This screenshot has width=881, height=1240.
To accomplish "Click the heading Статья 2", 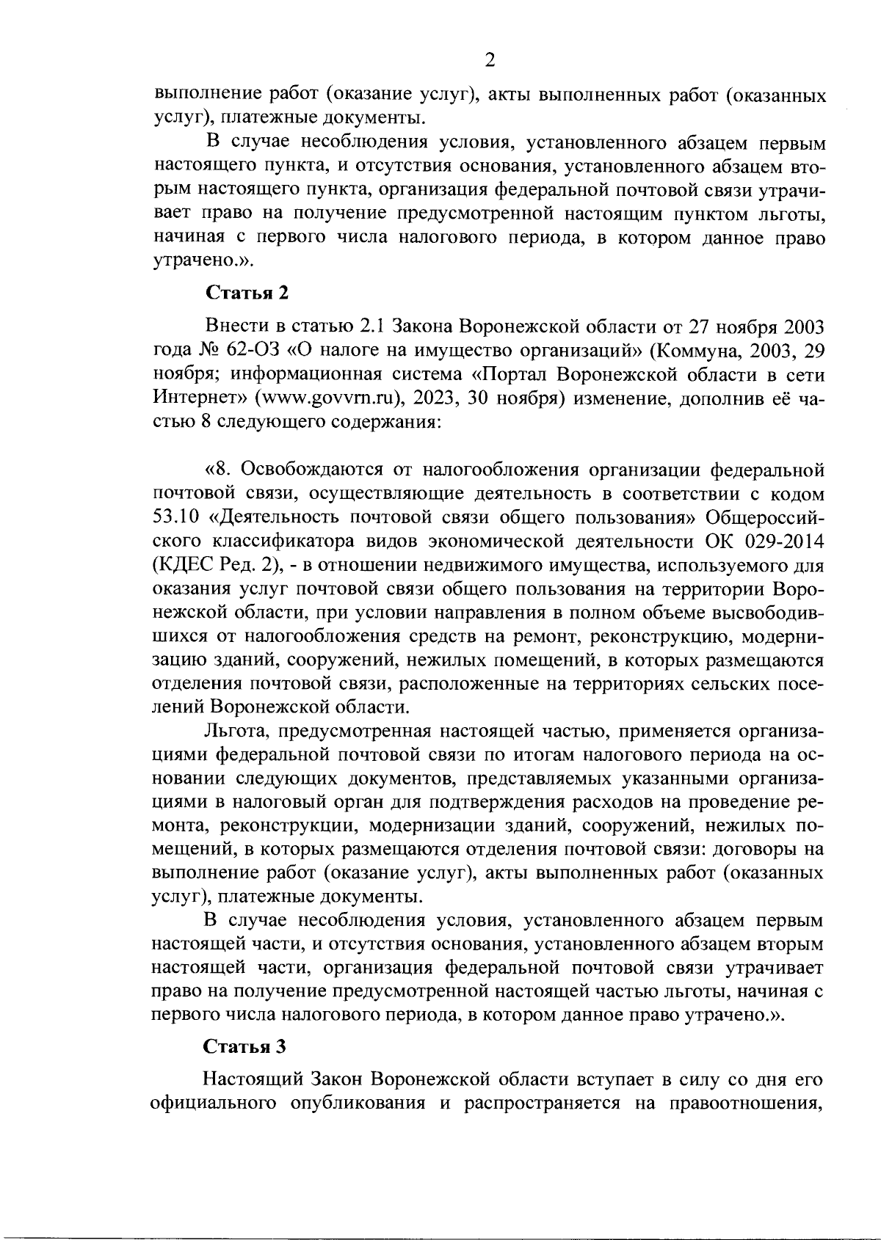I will click(x=247, y=293).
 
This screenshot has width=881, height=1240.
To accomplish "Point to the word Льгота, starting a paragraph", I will click(x=240, y=732).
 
